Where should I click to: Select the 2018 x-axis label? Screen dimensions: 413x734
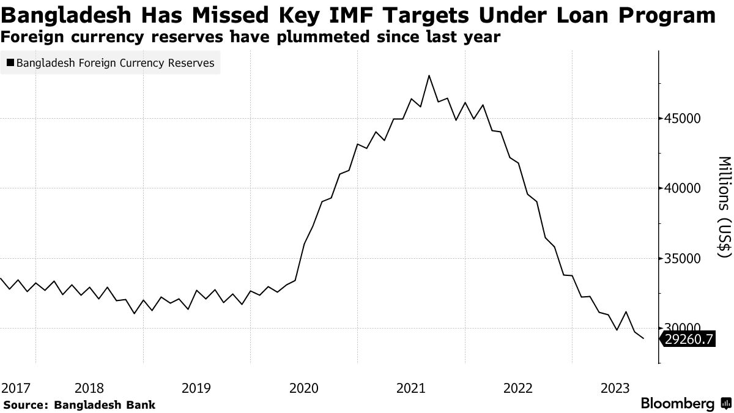(89, 387)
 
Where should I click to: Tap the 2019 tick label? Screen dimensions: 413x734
(196, 387)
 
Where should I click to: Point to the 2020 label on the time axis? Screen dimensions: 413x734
(304, 387)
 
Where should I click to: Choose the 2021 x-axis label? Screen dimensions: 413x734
(411, 387)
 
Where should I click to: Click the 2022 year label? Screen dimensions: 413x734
(519, 387)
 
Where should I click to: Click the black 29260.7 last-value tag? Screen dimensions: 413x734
(688, 338)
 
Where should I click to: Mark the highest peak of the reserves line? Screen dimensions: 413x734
(429, 76)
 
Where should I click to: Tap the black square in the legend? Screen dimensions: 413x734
(10, 63)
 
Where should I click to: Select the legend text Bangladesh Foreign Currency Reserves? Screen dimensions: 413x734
(116, 63)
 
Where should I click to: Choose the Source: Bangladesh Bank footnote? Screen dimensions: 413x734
(79, 404)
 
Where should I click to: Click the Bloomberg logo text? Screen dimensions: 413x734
(677, 404)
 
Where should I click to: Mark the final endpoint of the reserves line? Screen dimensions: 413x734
(643, 338)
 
